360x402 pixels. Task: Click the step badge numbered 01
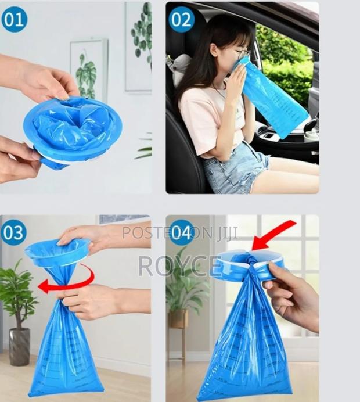click(15, 19)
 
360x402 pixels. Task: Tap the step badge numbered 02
click(181, 19)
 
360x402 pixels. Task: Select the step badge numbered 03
click(15, 233)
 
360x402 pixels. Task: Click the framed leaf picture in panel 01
click(88, 67)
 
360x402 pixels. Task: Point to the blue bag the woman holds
click(273, 99)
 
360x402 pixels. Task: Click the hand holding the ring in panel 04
click(293, 299)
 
